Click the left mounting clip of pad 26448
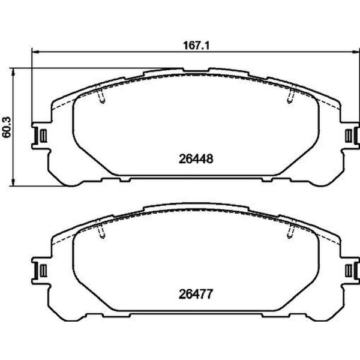coord(40,137)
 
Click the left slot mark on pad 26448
coord(100,96)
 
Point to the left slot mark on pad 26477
coord(100,231)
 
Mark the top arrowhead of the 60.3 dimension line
coord(15,70)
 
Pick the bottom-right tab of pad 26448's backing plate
coord(275,178)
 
